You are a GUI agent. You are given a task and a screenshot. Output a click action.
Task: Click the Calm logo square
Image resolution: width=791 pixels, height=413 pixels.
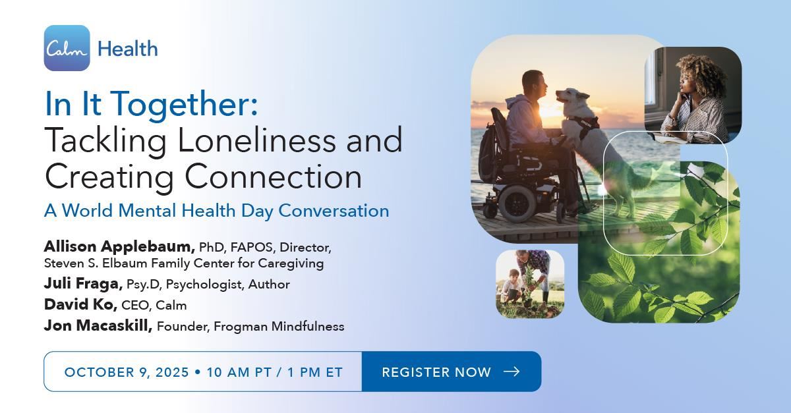(67, 48)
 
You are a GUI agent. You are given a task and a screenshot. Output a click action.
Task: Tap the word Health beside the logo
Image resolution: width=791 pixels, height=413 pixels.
(127, 49)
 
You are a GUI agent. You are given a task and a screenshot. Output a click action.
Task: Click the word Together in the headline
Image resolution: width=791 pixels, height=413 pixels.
(184, 103)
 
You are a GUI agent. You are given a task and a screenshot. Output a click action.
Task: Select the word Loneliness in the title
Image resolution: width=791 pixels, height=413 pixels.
(256, 140)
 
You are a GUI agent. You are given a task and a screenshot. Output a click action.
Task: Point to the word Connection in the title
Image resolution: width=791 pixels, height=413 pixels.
(274, 176)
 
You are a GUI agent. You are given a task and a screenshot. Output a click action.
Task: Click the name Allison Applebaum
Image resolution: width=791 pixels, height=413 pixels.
(119, 246)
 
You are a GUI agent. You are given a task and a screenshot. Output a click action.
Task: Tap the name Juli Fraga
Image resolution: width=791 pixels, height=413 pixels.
(83, 283)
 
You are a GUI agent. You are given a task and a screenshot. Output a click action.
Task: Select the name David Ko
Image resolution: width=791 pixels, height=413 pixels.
(80, 304)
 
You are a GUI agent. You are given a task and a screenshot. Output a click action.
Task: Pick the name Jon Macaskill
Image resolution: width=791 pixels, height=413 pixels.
(98, 325)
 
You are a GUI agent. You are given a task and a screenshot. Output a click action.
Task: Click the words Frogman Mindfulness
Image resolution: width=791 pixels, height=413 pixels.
(279, 326)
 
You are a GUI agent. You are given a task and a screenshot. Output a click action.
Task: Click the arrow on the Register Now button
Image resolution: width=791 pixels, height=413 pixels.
(512, 372)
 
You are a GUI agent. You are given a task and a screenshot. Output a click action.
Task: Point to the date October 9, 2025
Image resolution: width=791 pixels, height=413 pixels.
(127, 372)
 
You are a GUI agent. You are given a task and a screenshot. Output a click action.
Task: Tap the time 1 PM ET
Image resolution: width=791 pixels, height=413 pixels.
(315, 372)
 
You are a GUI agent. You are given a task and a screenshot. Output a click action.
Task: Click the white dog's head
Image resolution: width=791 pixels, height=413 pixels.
(572, 99)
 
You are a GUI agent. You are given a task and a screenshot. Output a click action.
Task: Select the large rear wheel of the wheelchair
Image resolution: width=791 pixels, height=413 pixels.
(517, 204)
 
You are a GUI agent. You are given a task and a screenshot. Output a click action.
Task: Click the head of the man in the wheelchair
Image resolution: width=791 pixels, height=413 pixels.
(534, 86)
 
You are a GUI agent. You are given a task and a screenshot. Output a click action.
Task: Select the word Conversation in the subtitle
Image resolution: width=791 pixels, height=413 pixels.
(334, 211)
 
